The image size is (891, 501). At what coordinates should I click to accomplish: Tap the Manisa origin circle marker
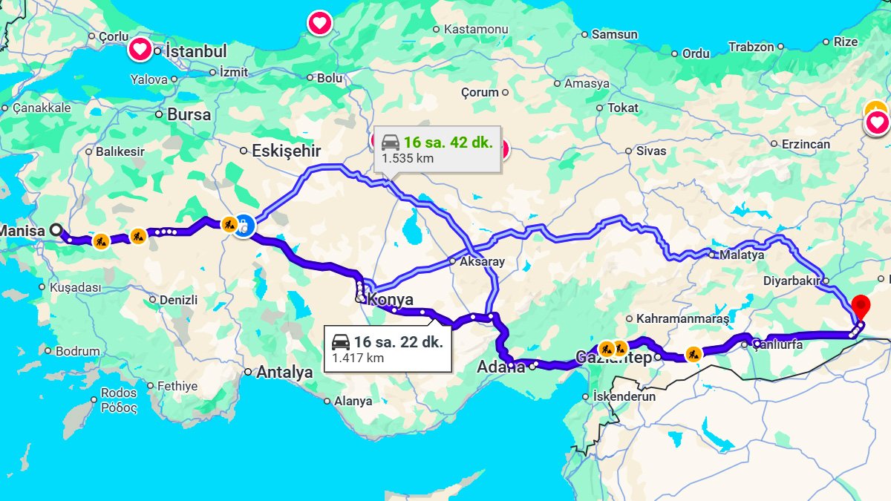pos(56,230)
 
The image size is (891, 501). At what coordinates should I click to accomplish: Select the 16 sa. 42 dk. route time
pos(448,142)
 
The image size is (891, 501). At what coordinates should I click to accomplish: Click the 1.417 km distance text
pos(358,358)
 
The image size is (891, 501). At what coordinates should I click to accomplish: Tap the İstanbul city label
pos(196,51)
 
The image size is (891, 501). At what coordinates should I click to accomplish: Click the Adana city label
pos(500,367)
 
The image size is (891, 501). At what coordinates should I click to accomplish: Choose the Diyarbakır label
pos(791,281)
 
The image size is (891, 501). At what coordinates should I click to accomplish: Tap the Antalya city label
pos(284,373)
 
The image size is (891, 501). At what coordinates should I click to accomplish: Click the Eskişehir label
pos(286,151)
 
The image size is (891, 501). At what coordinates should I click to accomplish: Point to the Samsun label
pos(615,34)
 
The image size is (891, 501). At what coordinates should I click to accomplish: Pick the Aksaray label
pos(482,261)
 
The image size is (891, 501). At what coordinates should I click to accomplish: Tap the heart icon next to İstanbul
pos(140,50)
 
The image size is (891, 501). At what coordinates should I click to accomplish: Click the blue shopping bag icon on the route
pos(244,225)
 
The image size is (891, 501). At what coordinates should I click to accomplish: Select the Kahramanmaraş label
pos(682,318)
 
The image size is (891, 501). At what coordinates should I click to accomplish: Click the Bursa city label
pos(189,114)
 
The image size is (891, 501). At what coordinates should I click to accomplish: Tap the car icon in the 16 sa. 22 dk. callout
pos(341,342)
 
